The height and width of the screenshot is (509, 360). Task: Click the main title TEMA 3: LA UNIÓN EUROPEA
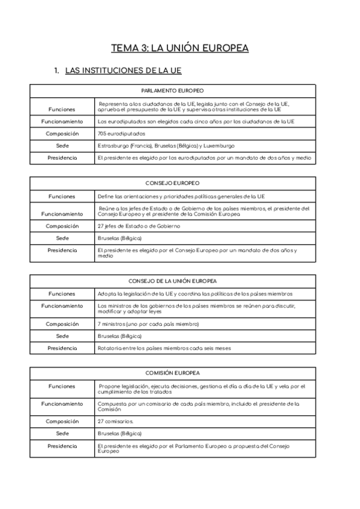coord(180,48)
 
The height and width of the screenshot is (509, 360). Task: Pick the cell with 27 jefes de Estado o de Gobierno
coord(138,226)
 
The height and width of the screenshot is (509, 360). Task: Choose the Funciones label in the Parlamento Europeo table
coord(62,109)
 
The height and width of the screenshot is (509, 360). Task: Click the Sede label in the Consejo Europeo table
coord(62,238)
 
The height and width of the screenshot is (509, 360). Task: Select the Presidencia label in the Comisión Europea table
coord(62,446)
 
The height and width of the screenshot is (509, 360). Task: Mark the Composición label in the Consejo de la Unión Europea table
coord(62,324)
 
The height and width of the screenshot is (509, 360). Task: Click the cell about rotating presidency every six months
coord(164,348)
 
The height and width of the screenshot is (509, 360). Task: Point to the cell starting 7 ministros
coord(148,324)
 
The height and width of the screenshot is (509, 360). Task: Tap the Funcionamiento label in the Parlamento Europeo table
coord(62,121)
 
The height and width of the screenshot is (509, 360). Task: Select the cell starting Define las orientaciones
coord(180,196)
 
